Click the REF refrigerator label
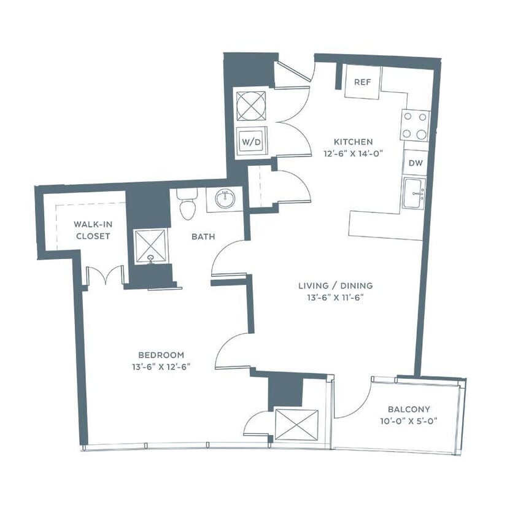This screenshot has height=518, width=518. coord(362,82)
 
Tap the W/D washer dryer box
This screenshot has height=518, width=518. coord(251,142)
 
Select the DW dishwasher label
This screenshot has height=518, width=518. coord(416,163)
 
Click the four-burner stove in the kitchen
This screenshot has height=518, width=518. coord(415,126)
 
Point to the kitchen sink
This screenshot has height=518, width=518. coord(414,193)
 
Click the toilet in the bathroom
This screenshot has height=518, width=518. coord(187,204)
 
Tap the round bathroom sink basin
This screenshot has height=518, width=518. coord(225,199)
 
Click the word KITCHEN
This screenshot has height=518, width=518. coord(349,142)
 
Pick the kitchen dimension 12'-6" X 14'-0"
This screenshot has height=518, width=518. coord(349,154)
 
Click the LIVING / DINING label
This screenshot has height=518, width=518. coord(335,285)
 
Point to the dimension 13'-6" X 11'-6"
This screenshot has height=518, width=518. coord(335,298)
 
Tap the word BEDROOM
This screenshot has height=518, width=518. coord(161,355)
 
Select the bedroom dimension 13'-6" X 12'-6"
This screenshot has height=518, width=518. coord(161,367)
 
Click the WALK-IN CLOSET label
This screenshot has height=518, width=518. coord(92,230)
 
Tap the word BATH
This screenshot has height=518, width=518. coord(203,236)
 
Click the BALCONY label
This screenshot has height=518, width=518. coord(409,409)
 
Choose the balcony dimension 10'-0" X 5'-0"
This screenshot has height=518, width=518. coord(409,422)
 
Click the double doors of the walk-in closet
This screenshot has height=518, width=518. coord(106,276)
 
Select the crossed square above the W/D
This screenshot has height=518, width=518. coord(251,106)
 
